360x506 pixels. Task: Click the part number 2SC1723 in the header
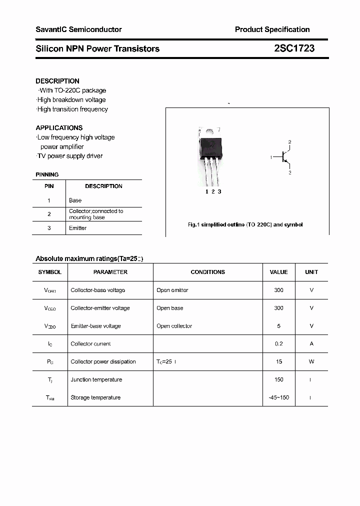click(x=294, y=48)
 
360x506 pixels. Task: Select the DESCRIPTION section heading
click(x=57, y=81)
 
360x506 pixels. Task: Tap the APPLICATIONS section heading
click(x=59, y=128)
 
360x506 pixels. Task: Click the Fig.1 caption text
click(x=245, y=225)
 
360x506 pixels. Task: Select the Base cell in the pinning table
click(x=75, y=200)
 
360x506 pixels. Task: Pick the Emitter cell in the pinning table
click(x=78, y=228)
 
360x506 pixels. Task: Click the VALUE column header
click(x=278, y=272)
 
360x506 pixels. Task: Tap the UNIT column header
click(x=311, y=272)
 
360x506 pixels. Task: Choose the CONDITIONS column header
click(x=208, y=272)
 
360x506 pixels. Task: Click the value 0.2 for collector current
click(x=278, y=344)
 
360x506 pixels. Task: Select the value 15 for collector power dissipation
click(x=278, y=362)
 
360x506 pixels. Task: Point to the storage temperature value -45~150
click(x=278, y=398)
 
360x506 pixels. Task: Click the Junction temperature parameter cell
click(x=96, y=380)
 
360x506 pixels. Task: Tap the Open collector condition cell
click(x=174, y=326)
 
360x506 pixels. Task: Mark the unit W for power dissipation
click(x=311, y=362)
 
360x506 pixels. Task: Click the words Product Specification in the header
click(x=272, y=29)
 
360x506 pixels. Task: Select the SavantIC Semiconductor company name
click(x=78, y=29)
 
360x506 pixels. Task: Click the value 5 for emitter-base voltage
click(x=278, y=326)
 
